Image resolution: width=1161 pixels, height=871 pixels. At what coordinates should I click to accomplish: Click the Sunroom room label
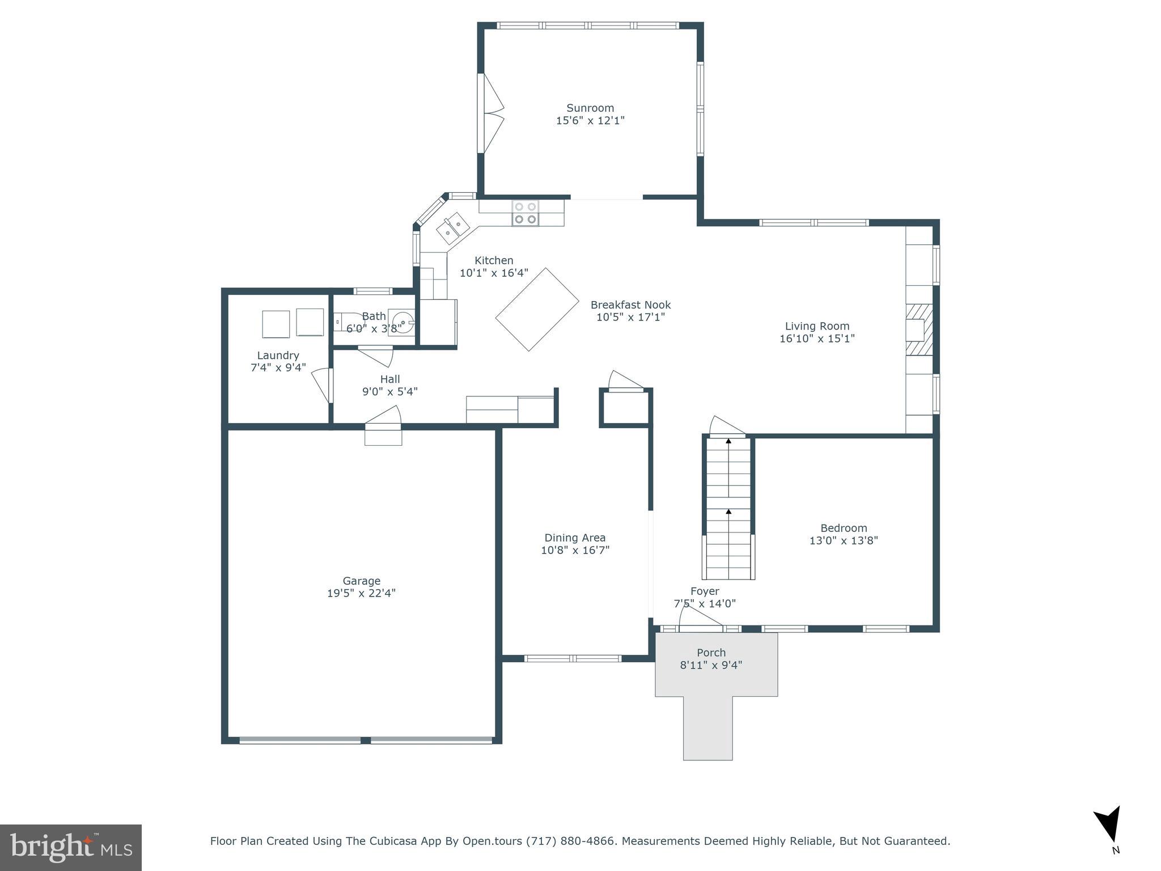[590, 108]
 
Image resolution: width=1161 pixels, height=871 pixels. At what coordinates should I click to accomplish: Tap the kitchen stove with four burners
[526, 213]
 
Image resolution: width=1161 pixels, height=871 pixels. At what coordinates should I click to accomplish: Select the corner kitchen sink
[453, 228]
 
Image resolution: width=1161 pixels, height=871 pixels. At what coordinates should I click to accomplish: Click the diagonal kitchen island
[537, 309]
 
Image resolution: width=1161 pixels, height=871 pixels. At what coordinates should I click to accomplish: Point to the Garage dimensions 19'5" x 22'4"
[361, 593]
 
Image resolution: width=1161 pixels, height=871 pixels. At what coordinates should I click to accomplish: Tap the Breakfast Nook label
[630, 305]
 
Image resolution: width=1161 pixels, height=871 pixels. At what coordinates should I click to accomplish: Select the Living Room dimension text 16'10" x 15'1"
[817, 339]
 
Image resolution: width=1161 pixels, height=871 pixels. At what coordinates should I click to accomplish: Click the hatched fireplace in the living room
[919, 329]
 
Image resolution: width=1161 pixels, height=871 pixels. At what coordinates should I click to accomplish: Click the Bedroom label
[844, 528]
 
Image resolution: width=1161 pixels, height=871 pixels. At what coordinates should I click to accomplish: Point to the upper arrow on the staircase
[728, 441]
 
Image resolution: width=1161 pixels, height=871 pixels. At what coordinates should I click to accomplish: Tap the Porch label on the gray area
[711, 653]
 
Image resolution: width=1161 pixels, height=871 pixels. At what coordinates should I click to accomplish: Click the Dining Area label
[575, 538]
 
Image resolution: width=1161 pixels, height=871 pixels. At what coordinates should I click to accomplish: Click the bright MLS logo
[71, 847]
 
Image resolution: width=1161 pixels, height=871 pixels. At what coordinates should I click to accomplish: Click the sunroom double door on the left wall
[491, 113]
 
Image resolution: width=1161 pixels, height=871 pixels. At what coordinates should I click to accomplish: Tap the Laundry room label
[278, 356]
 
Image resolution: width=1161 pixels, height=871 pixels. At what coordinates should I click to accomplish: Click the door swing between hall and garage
[384, 416]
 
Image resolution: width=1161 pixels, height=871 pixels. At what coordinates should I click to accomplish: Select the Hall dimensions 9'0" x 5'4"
[390, 391]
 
